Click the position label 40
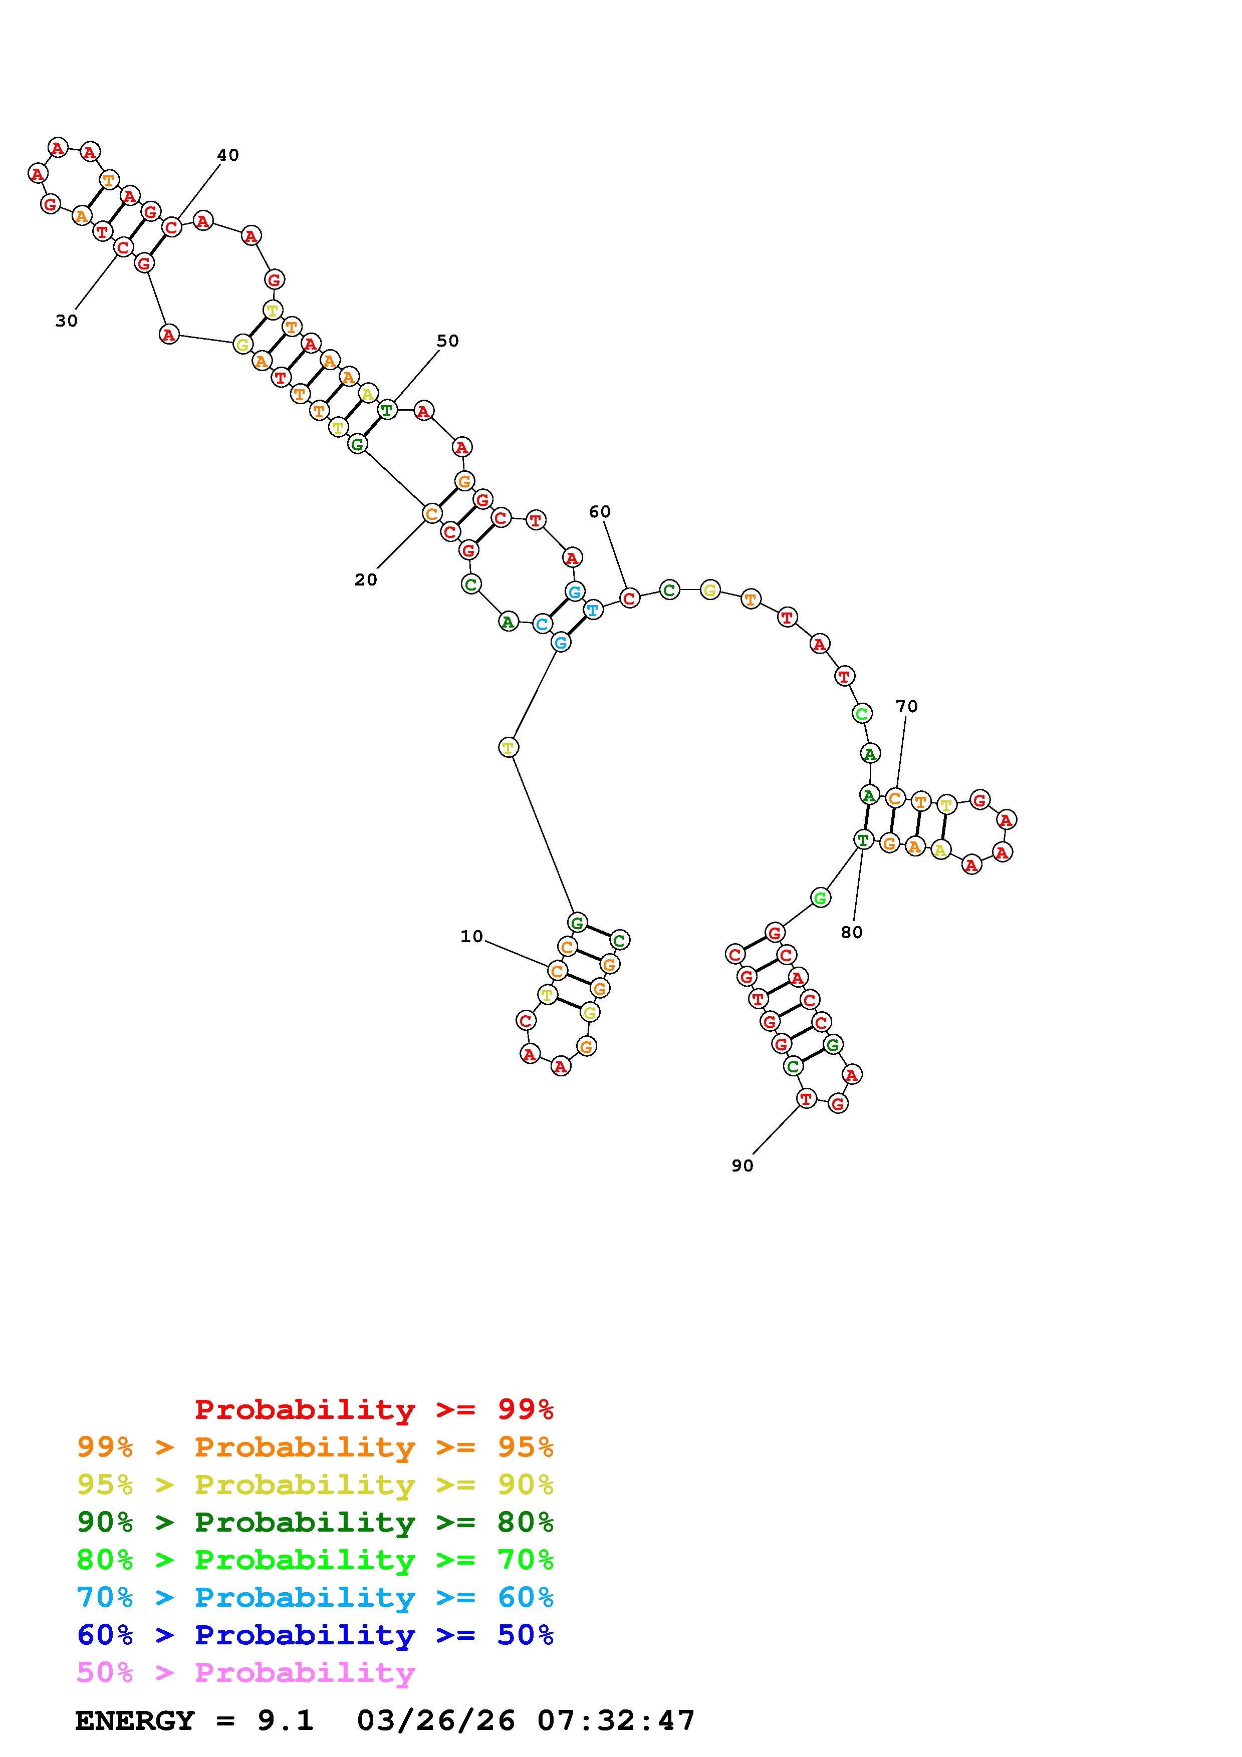click(228, 155)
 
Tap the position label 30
click(67, 322)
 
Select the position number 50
click(448, 341)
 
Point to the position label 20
click(366, 580)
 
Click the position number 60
click(600, 512)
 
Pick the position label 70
click(907, 706)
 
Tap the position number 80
click(852, 932)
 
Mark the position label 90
click(742, 1165)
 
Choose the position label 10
click(471, 937)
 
